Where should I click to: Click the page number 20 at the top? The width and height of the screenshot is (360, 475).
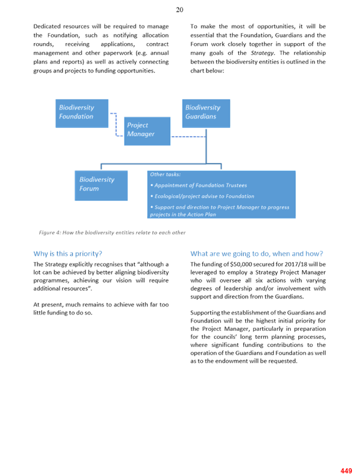pos(180,10)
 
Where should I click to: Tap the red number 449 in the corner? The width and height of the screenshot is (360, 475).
pos(346,471)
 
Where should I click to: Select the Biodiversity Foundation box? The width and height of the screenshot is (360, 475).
pos(82,114)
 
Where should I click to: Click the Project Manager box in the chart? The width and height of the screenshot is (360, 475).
pos(147,131)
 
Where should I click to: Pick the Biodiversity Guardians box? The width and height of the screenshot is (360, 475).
pos(206,114)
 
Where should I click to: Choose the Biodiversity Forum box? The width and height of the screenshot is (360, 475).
pos(101,185)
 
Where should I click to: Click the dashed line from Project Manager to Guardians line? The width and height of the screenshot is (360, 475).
pos(188,137)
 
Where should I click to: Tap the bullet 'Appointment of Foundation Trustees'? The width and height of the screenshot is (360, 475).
pos(198,185)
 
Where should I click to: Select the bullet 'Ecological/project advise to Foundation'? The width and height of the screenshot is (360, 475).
pos(202,196)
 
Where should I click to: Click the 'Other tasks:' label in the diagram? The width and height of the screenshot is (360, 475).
pos(165,174)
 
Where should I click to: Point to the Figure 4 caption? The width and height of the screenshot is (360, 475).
pos(112,233)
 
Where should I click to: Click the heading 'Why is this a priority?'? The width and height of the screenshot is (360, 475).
pos(68,253)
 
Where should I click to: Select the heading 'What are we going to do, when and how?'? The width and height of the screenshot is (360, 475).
pos(257,253)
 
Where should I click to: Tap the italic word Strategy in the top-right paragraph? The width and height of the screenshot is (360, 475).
pos(263,53)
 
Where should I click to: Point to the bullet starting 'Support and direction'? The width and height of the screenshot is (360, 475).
pos(220,210)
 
